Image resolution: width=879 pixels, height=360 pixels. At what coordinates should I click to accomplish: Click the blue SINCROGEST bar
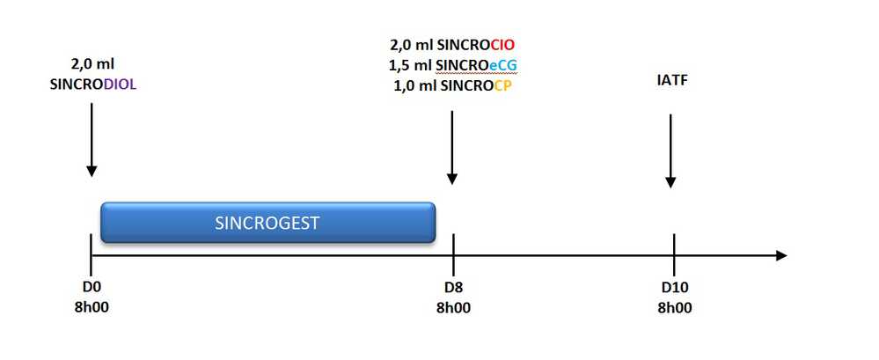267,223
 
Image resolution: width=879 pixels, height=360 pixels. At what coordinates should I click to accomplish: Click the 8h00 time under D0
92,307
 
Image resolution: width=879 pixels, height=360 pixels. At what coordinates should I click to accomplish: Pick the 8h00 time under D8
452,307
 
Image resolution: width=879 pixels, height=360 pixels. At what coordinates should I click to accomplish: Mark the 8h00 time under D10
674,307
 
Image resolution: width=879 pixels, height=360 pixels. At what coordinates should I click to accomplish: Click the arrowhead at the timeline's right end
780,256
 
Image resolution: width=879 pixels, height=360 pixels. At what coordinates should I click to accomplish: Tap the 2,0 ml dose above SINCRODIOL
92,63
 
